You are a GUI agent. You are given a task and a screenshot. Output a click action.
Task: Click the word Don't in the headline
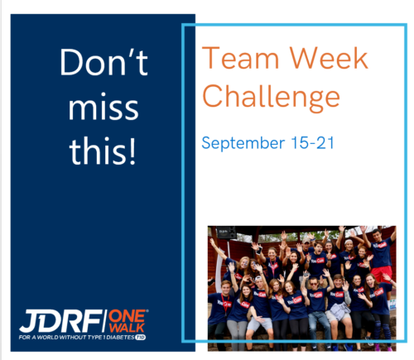click(x=103, y=62)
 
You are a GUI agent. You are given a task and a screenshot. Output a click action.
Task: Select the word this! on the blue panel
click(x=103, y=151)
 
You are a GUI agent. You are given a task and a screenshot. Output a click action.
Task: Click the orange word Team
click(x=240, y=58)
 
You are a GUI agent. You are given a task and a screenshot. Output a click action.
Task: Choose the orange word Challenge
click(x=271, y=97)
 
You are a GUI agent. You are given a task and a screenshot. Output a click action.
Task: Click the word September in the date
click(x=243, y=143)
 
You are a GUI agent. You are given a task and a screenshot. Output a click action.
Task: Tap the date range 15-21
click(x=312, y=143)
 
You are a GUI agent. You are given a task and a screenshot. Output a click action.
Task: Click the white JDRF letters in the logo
click(x=60, y=321)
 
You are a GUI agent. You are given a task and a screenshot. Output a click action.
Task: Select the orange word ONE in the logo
click(x=128, y=316)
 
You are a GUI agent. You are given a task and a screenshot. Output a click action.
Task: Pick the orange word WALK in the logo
click(x=127, y=328)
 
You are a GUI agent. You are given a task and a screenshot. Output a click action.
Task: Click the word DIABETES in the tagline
click(x=120, y=338)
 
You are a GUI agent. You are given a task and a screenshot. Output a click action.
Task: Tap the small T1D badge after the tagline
click(x=140, y=338)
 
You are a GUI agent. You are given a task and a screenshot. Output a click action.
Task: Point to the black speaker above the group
click(x=226, y=233)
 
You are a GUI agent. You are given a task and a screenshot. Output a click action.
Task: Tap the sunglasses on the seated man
click(x=313, y=284)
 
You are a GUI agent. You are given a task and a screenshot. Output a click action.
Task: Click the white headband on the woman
click(x=349, y=242)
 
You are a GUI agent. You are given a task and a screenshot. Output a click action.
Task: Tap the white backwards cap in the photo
click(x=258, y=278)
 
